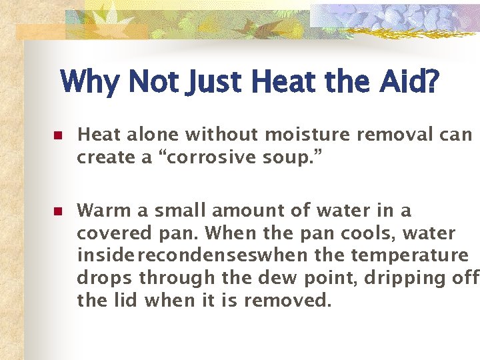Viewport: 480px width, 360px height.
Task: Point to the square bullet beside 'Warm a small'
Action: coord(57,212)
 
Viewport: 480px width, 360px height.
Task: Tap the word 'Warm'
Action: coord(105,211)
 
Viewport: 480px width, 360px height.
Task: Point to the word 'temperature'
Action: coord(411,256)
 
